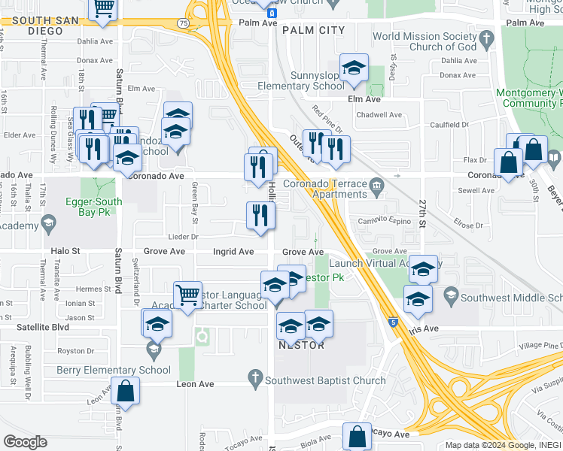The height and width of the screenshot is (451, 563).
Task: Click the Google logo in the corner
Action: [26, 442]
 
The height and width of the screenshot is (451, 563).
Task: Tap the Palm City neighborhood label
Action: [314, 30]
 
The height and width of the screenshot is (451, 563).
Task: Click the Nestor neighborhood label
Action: [302, 345]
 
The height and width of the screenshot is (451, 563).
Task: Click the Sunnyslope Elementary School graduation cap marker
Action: [353, 68]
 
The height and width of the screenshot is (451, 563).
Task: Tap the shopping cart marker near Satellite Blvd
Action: [187, 295]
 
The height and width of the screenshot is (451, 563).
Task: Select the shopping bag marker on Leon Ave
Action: [125, 392]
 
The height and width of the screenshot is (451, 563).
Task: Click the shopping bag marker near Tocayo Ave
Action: [357, 437]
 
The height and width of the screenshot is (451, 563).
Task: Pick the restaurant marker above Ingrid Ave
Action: [260, 216]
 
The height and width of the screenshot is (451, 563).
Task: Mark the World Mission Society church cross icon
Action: [486, 38]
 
